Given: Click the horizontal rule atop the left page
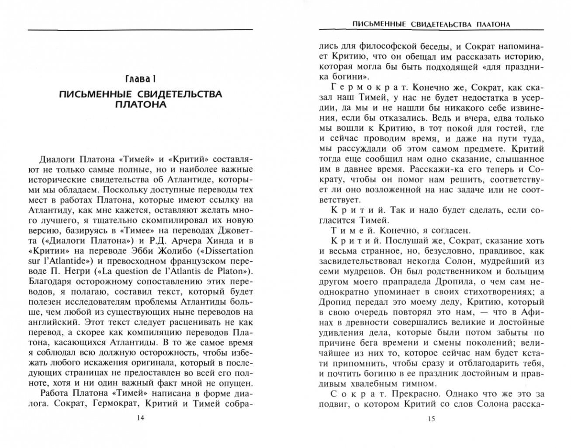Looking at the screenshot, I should [140, 30].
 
